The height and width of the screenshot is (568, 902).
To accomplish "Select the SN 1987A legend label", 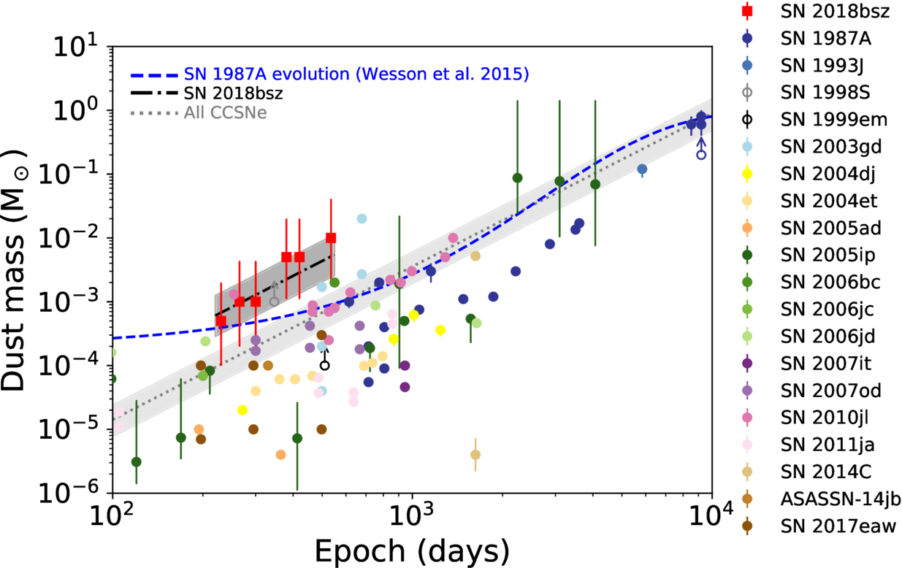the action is [825, 39].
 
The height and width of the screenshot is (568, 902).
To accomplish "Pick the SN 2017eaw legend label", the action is [838, 526].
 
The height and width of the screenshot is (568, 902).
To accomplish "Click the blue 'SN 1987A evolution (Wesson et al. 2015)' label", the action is [356, 74].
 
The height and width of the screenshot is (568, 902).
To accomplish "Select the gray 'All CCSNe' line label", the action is [226, 112].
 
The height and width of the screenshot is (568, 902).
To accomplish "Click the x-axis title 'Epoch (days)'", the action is [411, 550].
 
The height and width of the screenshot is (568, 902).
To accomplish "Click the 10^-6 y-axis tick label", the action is [69, 492].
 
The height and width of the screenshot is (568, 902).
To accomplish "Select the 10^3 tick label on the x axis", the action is [411, 516].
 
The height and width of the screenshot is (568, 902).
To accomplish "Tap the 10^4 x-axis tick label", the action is [711, 516].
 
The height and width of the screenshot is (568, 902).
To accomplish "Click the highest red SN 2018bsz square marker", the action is [331, 238].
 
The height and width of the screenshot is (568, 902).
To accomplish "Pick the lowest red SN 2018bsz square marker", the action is [221, 321].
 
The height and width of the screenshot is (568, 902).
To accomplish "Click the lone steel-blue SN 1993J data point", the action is [642, 169].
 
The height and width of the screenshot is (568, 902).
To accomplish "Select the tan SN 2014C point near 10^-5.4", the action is [475, 455].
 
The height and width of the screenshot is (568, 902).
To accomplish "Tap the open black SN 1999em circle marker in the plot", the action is [324, 366].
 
